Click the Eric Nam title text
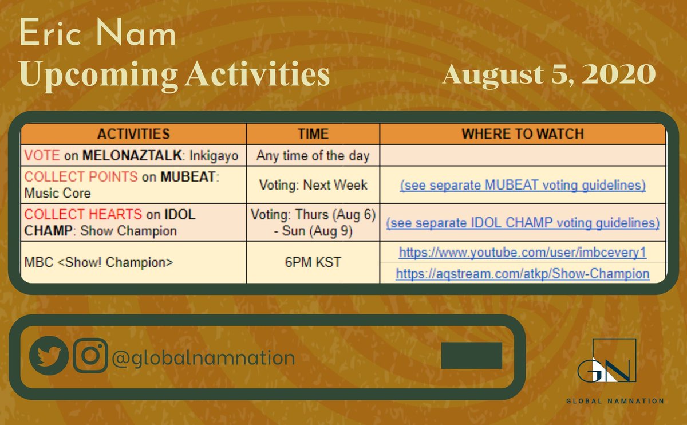pos(98,36)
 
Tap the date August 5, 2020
pos(548,74)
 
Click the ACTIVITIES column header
pos(133,134)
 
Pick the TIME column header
pos(313,134)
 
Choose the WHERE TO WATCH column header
pos(522,134)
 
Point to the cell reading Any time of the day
pos(313,155)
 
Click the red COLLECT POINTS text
pos(81,177)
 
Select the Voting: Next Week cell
pos(313,185)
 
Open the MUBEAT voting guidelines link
pos(522,186)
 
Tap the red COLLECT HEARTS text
pos(83,215)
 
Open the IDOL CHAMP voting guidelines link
pos(522,223)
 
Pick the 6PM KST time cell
pos(313,262)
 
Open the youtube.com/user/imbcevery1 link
pos(522,253)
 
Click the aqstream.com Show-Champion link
pos(522,274)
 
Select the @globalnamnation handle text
pos(203,358)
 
